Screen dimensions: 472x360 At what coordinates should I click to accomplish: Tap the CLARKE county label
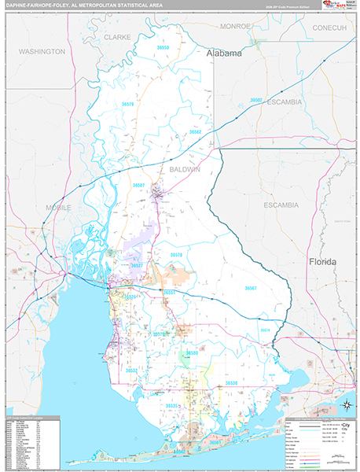pos(117,36)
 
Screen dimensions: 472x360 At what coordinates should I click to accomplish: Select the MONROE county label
pos(235,26)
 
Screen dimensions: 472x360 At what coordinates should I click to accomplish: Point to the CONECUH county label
pos(329,28)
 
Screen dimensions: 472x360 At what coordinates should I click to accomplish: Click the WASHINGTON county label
pos(42,51)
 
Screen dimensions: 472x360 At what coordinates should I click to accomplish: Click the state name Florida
pos(322,260)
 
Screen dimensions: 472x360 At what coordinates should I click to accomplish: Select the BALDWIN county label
pos(185,169)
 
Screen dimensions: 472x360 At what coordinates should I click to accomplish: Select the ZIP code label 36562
pos(195,132)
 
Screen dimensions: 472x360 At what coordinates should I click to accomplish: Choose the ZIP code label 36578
pos(177,255)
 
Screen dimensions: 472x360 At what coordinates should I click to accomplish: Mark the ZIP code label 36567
pos(250,288)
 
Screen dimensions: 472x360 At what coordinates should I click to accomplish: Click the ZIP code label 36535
pos(172,405)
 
